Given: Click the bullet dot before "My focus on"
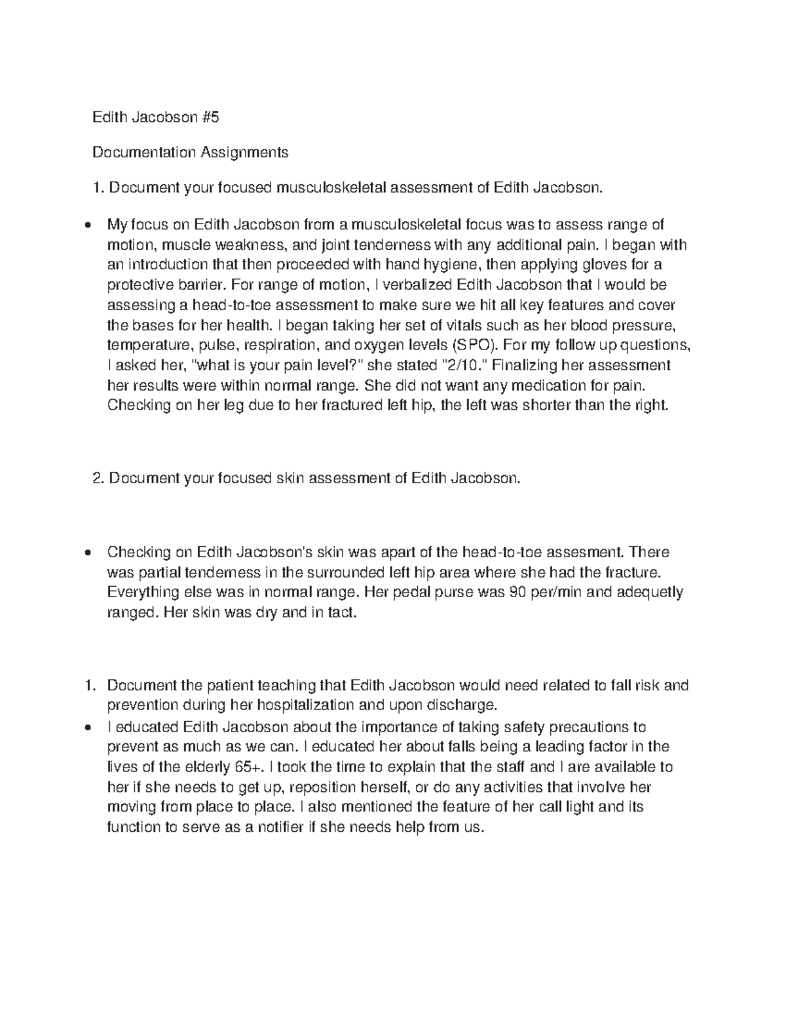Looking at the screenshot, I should click(x=88, y=226).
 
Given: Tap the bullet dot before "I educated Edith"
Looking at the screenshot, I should click(x=88, y=727).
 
